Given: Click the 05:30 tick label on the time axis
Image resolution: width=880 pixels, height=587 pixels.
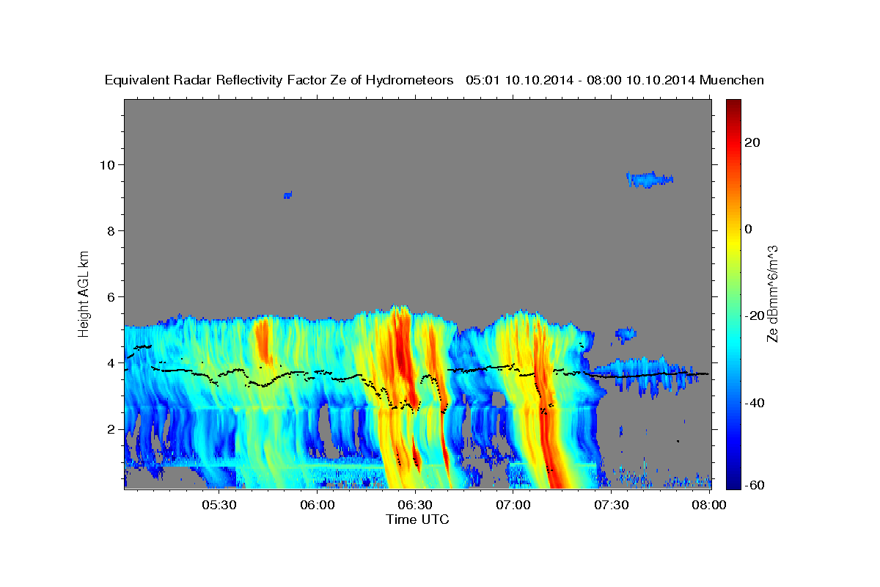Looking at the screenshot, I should tap(219, 506).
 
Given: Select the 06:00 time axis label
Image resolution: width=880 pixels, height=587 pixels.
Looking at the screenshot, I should tap(318, 506).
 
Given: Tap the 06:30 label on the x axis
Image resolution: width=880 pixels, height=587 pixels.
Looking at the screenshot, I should tap(415, 506).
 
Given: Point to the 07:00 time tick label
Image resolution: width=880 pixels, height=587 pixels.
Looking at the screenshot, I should tap(513, 506).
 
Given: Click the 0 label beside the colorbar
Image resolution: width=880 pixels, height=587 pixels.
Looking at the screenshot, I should tap(749, 229).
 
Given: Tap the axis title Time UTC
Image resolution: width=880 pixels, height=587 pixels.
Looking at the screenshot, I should tap(417, 519).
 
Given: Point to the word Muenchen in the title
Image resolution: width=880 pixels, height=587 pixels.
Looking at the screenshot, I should tap(732, 80).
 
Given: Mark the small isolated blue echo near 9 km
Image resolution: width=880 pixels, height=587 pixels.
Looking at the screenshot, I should tap(287, 195).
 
